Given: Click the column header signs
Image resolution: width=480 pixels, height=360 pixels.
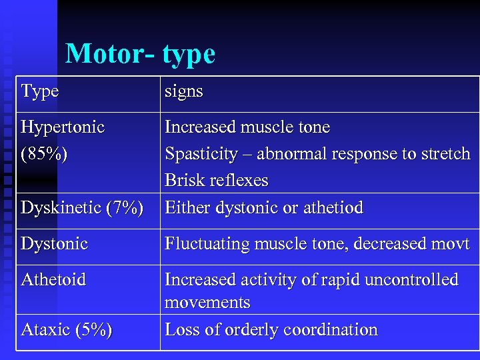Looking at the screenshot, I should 183,91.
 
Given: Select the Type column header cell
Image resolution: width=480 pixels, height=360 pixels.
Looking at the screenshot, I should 40,91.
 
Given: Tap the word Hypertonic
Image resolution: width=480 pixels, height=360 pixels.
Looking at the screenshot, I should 63,127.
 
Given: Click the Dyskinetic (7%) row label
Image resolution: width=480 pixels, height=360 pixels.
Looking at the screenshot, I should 82,208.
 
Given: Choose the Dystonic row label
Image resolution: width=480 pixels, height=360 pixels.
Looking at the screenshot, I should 55,243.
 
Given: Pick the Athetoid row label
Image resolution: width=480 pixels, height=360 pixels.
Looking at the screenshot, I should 53,279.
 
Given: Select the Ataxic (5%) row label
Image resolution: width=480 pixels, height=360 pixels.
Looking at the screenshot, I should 67,329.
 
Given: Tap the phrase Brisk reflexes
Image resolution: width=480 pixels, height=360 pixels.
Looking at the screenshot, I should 217,181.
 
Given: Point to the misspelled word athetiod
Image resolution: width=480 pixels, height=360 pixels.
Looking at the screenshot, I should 333,208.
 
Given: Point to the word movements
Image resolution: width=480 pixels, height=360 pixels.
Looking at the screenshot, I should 207,303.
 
